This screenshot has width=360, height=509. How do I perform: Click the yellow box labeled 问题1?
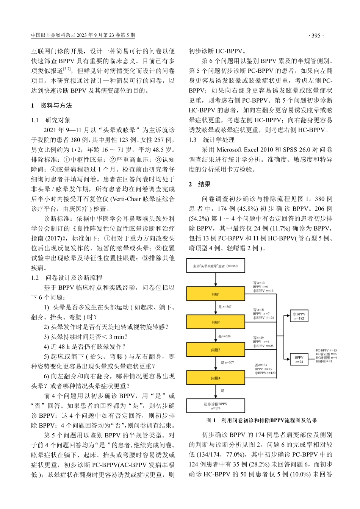[x=216, y=294]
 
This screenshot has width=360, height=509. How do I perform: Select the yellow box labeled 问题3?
[x=216, y=350]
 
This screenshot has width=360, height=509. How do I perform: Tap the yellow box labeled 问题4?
[x=216, y=378]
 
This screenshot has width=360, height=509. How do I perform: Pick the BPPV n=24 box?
[x=299, y=359]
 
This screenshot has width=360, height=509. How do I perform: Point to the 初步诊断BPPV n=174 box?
[x=216, y=406]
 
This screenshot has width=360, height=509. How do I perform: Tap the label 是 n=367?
[x=225, y=307]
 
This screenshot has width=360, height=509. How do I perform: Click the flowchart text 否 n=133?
[x=262, y=365]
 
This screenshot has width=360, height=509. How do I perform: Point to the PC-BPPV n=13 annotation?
[x=326, y=351]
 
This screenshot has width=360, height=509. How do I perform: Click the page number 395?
[x=315, y=36]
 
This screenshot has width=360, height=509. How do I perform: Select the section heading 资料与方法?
[x=56, y=106]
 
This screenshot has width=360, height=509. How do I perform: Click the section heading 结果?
[x=204, y=184]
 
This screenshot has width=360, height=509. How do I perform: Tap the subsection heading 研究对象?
[x=58, y=120]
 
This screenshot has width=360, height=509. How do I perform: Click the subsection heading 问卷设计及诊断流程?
[x=74, y=278]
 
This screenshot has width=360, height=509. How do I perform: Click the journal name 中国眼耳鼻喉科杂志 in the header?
[x=53, y=36]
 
